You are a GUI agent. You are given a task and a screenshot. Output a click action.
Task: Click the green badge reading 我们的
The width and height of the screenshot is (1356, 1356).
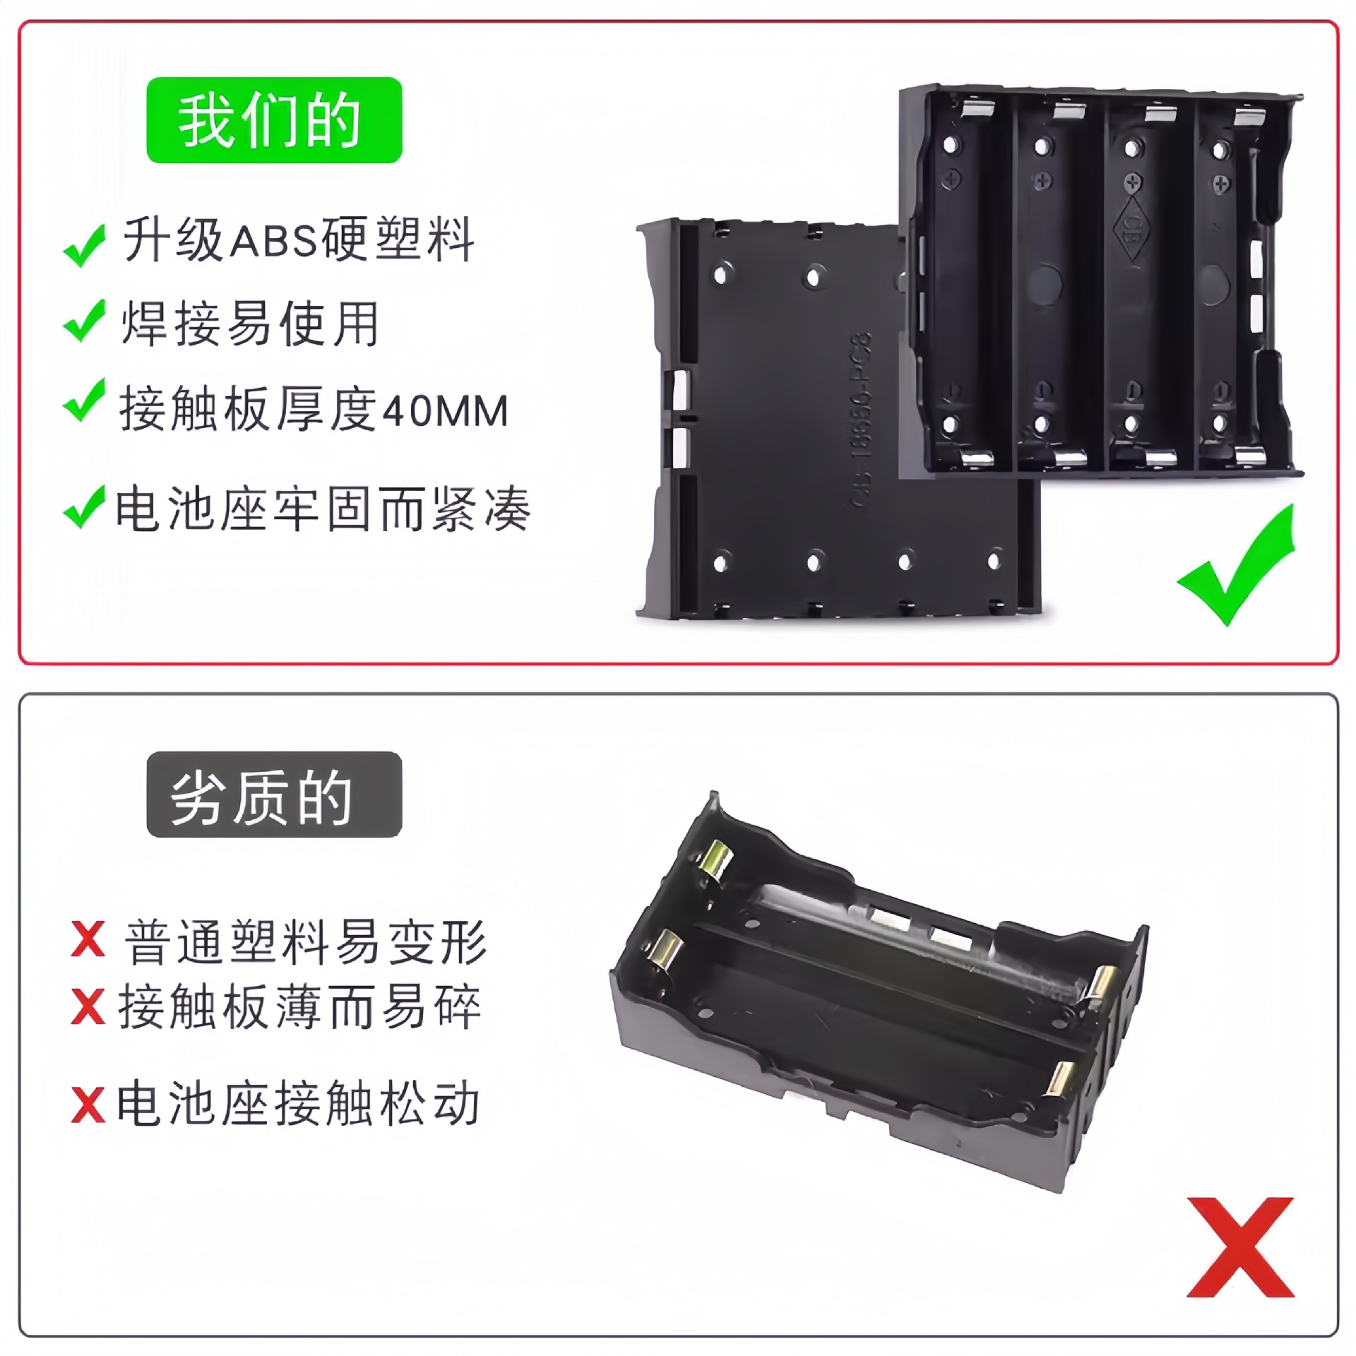coord(274,120)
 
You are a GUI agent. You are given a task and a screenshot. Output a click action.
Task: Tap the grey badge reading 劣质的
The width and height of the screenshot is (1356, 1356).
coord(274,795)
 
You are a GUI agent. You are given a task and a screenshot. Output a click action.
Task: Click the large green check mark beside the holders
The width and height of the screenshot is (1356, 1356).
coord(1237,565)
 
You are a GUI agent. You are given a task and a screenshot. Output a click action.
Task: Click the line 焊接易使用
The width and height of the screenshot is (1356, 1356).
coord(251,324)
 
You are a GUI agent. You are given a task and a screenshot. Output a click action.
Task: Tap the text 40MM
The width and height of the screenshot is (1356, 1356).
coord(445,411)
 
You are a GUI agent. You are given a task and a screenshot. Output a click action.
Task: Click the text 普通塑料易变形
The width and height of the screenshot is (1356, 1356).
coord(305,941)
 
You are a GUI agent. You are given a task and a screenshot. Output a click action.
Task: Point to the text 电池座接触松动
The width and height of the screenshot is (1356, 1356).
coord(299,1103)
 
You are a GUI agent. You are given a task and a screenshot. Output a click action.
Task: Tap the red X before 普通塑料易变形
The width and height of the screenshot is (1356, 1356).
coord(88,940)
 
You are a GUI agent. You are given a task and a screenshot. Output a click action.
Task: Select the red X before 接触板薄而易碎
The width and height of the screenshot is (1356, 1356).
coord(88,1006)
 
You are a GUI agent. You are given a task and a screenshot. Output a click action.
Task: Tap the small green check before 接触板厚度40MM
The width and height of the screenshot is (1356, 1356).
coord(85,400)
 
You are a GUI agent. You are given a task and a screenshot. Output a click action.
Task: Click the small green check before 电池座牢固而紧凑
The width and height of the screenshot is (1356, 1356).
coord(85,507)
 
